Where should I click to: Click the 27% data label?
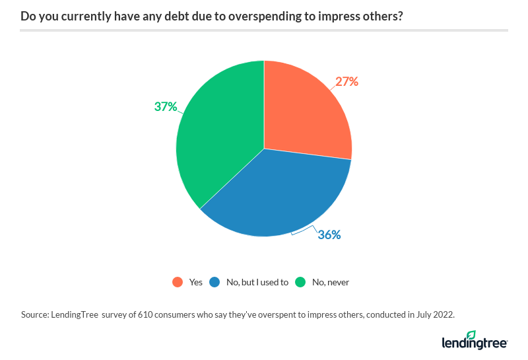(x=346, y=82)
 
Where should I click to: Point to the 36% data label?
(x=329, y=234)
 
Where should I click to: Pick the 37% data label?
(x=166, y=106)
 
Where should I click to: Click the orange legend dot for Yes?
(x=177, y=282)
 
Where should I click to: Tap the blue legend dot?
(x=215, y=282)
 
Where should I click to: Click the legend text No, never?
(x=331, y=282)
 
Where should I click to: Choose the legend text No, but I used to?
(x=257, y=282)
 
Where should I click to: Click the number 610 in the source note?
(x=146, y=314)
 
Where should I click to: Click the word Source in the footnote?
(x=35, y=314)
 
